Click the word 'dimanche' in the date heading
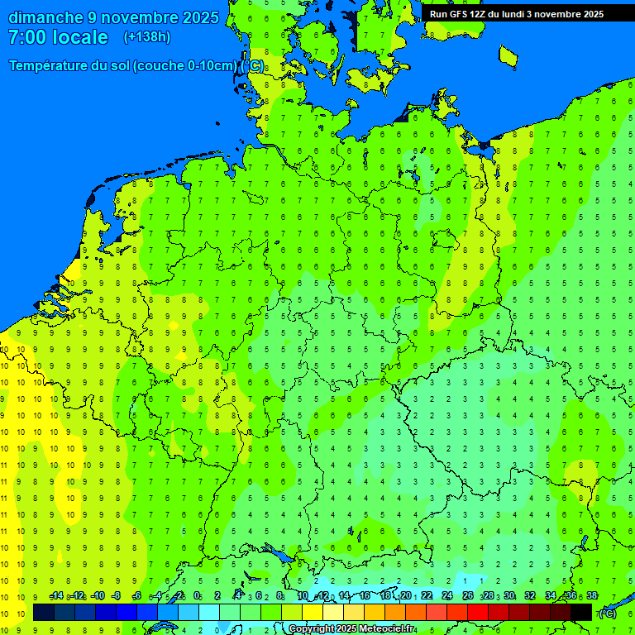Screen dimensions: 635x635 click(45, 17)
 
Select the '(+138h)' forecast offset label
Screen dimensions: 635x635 click(146, 37)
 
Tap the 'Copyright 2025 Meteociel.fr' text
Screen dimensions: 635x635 click(351, 628)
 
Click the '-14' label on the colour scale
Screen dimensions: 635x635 click(56, 595)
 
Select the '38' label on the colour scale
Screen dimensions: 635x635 click(591, 595)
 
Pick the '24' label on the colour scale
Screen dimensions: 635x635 click(447, 595)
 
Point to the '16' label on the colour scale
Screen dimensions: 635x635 click(365, 595)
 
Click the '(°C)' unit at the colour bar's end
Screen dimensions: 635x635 click(608, 613)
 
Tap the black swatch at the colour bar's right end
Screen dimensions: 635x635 click(581, 613)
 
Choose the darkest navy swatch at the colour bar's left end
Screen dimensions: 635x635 click(44, 613)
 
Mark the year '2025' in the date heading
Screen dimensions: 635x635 click(200, 17)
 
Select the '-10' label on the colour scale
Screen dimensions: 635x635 click(98, 595)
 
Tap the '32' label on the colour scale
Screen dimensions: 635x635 click(529, 595)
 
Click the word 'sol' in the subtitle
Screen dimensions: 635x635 click(119, 66)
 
